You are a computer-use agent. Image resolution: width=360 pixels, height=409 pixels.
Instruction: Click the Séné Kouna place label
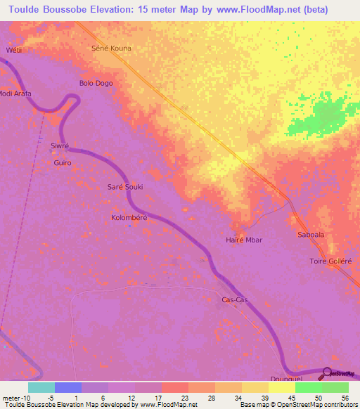click(112, 48)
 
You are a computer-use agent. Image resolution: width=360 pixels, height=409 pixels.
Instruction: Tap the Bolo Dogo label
click(96, 83)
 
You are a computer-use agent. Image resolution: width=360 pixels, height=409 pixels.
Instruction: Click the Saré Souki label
click(124, 188)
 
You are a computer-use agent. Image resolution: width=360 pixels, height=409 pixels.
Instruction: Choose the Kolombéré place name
click(129, 218)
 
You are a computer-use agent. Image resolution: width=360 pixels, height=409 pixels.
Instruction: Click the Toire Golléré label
click(330, 261)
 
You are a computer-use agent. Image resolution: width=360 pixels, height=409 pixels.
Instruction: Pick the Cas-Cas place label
click(234, 300)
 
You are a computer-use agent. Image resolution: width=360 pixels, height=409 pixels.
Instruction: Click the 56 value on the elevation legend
click(344, 397)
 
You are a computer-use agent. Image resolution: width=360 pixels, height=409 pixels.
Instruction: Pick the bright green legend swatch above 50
click(308, 387)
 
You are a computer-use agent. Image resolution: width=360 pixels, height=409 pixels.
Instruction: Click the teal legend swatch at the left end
click(41, 387)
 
